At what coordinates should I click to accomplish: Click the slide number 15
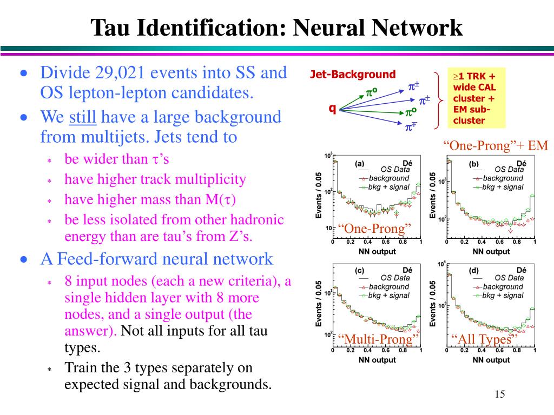tap(499, 394)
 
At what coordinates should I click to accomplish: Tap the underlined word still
tap(82, 117)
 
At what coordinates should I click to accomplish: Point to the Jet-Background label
tap(353, 75)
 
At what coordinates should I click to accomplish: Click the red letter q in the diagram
tap(332, 108)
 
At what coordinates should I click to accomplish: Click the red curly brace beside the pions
tap(440, 101)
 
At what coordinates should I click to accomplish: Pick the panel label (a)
tap(360, 164)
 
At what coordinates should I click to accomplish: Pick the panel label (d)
tap(474, 270)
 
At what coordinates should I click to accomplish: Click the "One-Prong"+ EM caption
tap(496, 145)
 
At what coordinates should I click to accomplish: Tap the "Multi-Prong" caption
tap(379, 339)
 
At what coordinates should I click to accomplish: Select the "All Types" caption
tap(485, 339)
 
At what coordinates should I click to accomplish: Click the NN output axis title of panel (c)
tap(377, 360)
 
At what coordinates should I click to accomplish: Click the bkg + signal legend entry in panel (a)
tap(388, 187)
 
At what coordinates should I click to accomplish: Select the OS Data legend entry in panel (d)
tap(509, 278)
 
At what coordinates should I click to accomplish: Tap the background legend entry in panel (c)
tap(388, 287)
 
